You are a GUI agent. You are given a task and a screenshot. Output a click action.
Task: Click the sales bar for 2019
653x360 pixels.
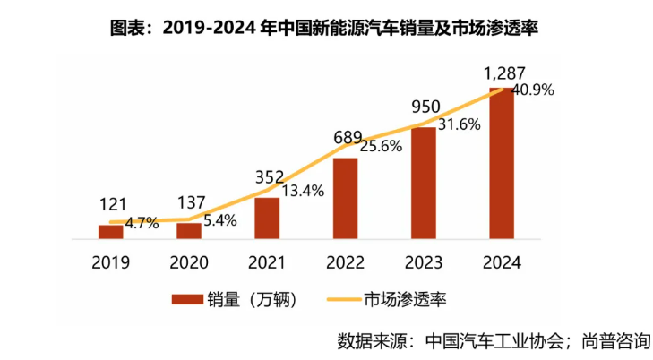[110, 232]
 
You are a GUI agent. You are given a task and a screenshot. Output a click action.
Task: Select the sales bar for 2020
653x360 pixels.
[188, 231]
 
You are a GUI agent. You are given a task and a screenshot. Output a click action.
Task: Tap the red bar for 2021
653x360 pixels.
[266, 219]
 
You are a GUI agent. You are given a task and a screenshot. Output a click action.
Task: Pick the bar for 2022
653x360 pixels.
[345, 199]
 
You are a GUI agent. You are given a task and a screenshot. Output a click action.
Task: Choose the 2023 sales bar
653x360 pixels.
[423, 184]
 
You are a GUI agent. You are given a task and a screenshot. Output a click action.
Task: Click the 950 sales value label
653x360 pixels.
[426, 107]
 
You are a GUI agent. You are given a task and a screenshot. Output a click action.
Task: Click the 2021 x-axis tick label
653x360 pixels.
[266, 262]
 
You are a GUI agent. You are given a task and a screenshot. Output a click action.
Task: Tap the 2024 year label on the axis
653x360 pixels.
[502, 262]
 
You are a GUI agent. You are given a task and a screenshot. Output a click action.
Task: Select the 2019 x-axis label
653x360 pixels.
[110, 262]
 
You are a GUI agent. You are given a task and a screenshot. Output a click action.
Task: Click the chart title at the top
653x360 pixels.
[326, 27]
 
